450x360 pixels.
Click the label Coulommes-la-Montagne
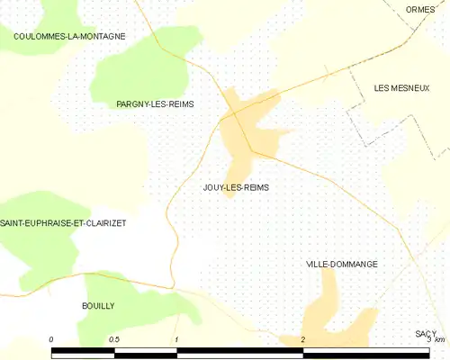click(x=69, y=36)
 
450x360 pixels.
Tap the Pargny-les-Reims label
click(x=156, y=104)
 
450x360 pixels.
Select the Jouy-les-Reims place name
click(x=236, y=187)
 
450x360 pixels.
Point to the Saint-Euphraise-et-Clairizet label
click(x=63, y=222)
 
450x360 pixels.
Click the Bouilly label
click(x=98, y=306)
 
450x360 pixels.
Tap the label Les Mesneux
click(x=401, y=88)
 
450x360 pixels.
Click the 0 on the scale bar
click(x=51, y=339)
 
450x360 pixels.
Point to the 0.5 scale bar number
click(x=113, y=339)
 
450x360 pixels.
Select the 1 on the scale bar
click(x=177, y=339)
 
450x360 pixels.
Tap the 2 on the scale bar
click(x=303, y=339)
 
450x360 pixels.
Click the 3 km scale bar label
click(x=436, y=339)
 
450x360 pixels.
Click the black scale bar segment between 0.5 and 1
click(x=146, y=353)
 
